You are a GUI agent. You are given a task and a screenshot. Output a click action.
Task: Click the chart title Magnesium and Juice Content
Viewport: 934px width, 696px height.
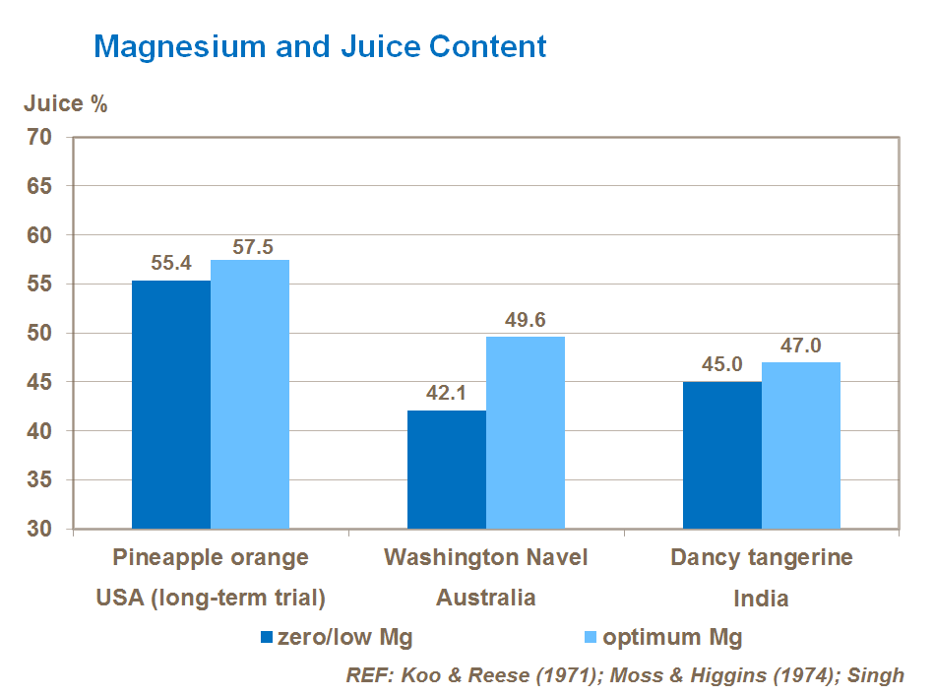click(320, 46)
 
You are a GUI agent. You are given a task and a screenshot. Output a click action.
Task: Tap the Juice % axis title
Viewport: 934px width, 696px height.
click(66, 104)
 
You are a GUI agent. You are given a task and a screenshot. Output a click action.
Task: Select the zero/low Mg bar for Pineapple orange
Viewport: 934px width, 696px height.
click(171, 405)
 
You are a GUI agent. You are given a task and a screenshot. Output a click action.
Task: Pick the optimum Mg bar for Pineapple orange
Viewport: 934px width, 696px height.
click(250, 394)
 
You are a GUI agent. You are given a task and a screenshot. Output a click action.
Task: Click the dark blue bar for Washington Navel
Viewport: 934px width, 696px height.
click(447, 470)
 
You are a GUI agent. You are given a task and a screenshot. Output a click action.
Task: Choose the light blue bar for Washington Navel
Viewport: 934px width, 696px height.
click(526, 433)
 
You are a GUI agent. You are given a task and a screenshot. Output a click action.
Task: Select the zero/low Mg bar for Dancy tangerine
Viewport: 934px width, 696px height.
click(722, 455)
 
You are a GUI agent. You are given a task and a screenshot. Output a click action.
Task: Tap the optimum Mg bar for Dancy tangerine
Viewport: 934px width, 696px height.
click(801, 445)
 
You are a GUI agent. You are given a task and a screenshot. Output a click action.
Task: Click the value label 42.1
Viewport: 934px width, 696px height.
click(447, 394)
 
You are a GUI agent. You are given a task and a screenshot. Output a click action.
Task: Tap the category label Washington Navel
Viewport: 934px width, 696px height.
click(485, 558)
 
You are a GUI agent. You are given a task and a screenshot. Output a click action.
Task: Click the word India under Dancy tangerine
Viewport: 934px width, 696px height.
click(761, 599)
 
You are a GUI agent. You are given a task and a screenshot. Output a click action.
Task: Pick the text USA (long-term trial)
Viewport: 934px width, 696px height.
click(211, 599)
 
